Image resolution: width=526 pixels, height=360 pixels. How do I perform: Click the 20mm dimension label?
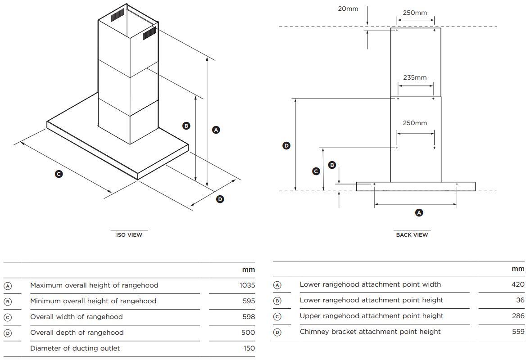348,9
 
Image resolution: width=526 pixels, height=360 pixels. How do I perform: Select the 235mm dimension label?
415,77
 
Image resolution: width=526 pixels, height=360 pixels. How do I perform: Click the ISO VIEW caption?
129,235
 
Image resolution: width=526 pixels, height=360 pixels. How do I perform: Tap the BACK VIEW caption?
412,235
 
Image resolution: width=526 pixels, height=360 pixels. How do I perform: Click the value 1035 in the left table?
247,285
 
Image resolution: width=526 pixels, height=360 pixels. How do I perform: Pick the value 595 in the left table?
249,301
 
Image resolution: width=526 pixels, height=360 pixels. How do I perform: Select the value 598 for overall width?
249,317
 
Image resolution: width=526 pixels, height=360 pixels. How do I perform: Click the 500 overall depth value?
248,333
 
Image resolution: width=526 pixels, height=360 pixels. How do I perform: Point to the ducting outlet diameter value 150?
249,348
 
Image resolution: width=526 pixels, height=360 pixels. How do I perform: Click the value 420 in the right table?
518,284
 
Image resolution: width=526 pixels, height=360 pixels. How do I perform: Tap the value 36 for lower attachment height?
520,300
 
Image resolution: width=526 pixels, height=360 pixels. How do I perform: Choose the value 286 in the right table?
518,316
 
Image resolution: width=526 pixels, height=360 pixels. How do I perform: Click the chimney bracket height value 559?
518,332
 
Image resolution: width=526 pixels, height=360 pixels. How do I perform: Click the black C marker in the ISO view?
59,174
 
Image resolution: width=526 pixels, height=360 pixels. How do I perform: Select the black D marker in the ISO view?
220,199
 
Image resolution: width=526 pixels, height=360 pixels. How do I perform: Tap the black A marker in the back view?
419,212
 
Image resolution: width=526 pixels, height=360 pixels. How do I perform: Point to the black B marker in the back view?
332,165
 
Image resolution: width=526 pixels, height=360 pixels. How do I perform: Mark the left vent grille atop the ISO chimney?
117,16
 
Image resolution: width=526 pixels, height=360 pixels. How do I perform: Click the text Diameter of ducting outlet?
75,348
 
